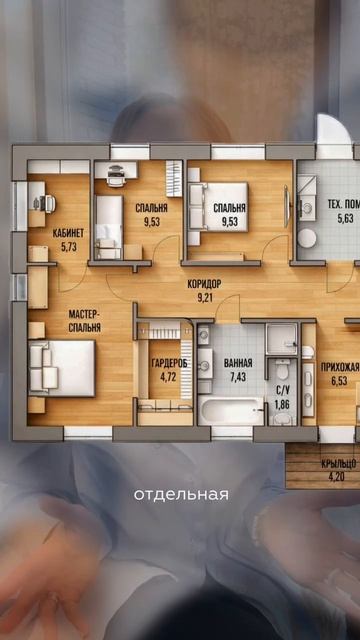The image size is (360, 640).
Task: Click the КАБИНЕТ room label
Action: [68, 233]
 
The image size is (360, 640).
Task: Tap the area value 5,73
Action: [69, 246]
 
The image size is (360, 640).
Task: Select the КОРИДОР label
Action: [204, 284]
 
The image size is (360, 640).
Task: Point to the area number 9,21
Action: [204, 298]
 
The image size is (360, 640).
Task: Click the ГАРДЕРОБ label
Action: [169, 363]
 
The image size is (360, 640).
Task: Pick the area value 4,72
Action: [169, 376]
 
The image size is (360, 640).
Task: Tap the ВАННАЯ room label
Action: [238, 363]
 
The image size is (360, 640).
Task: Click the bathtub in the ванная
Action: [231, 411]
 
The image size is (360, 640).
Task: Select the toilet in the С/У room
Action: [281, 370]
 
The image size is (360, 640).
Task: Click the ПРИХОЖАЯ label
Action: [340, 366]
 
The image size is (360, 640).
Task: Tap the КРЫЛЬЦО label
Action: [339, 463]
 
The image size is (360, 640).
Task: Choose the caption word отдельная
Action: [181, 495]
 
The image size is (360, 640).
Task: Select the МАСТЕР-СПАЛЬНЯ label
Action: [85, 321]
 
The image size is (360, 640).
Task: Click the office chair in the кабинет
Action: [48, 203]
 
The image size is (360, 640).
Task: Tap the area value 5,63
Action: [345, 219]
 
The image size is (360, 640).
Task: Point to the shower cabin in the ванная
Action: [282, 339]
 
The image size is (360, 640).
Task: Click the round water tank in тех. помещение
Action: [307, 238]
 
